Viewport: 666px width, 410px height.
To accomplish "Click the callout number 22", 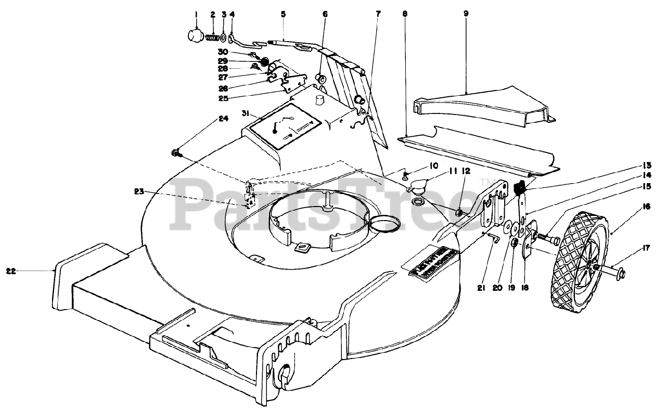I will click(10, 271).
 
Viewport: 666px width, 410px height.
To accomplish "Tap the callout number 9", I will click(466, 14).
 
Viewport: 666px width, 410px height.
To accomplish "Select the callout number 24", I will click(223, 119).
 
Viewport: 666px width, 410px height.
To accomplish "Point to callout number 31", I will click(246, 113).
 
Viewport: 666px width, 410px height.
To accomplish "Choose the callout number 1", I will click(196, 15).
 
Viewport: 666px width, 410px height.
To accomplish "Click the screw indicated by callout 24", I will click(175, 152).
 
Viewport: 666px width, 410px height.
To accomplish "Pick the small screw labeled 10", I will click(405, 175).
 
